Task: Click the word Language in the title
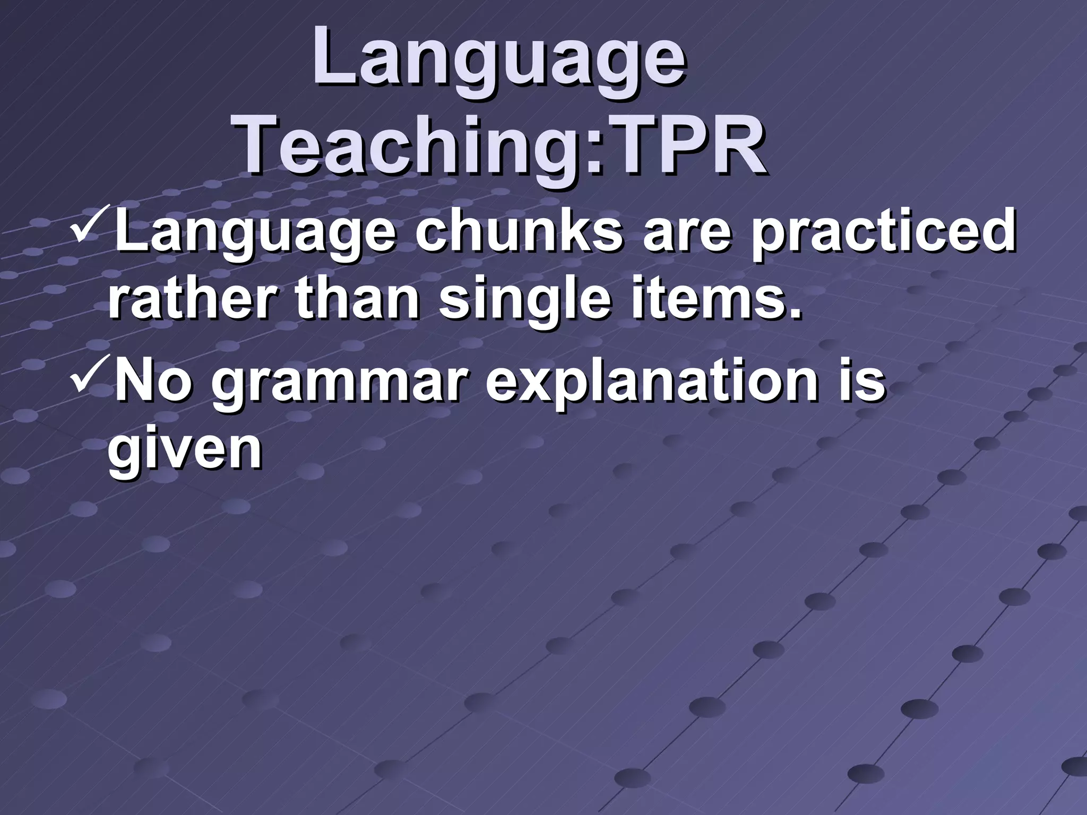[499, 59]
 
